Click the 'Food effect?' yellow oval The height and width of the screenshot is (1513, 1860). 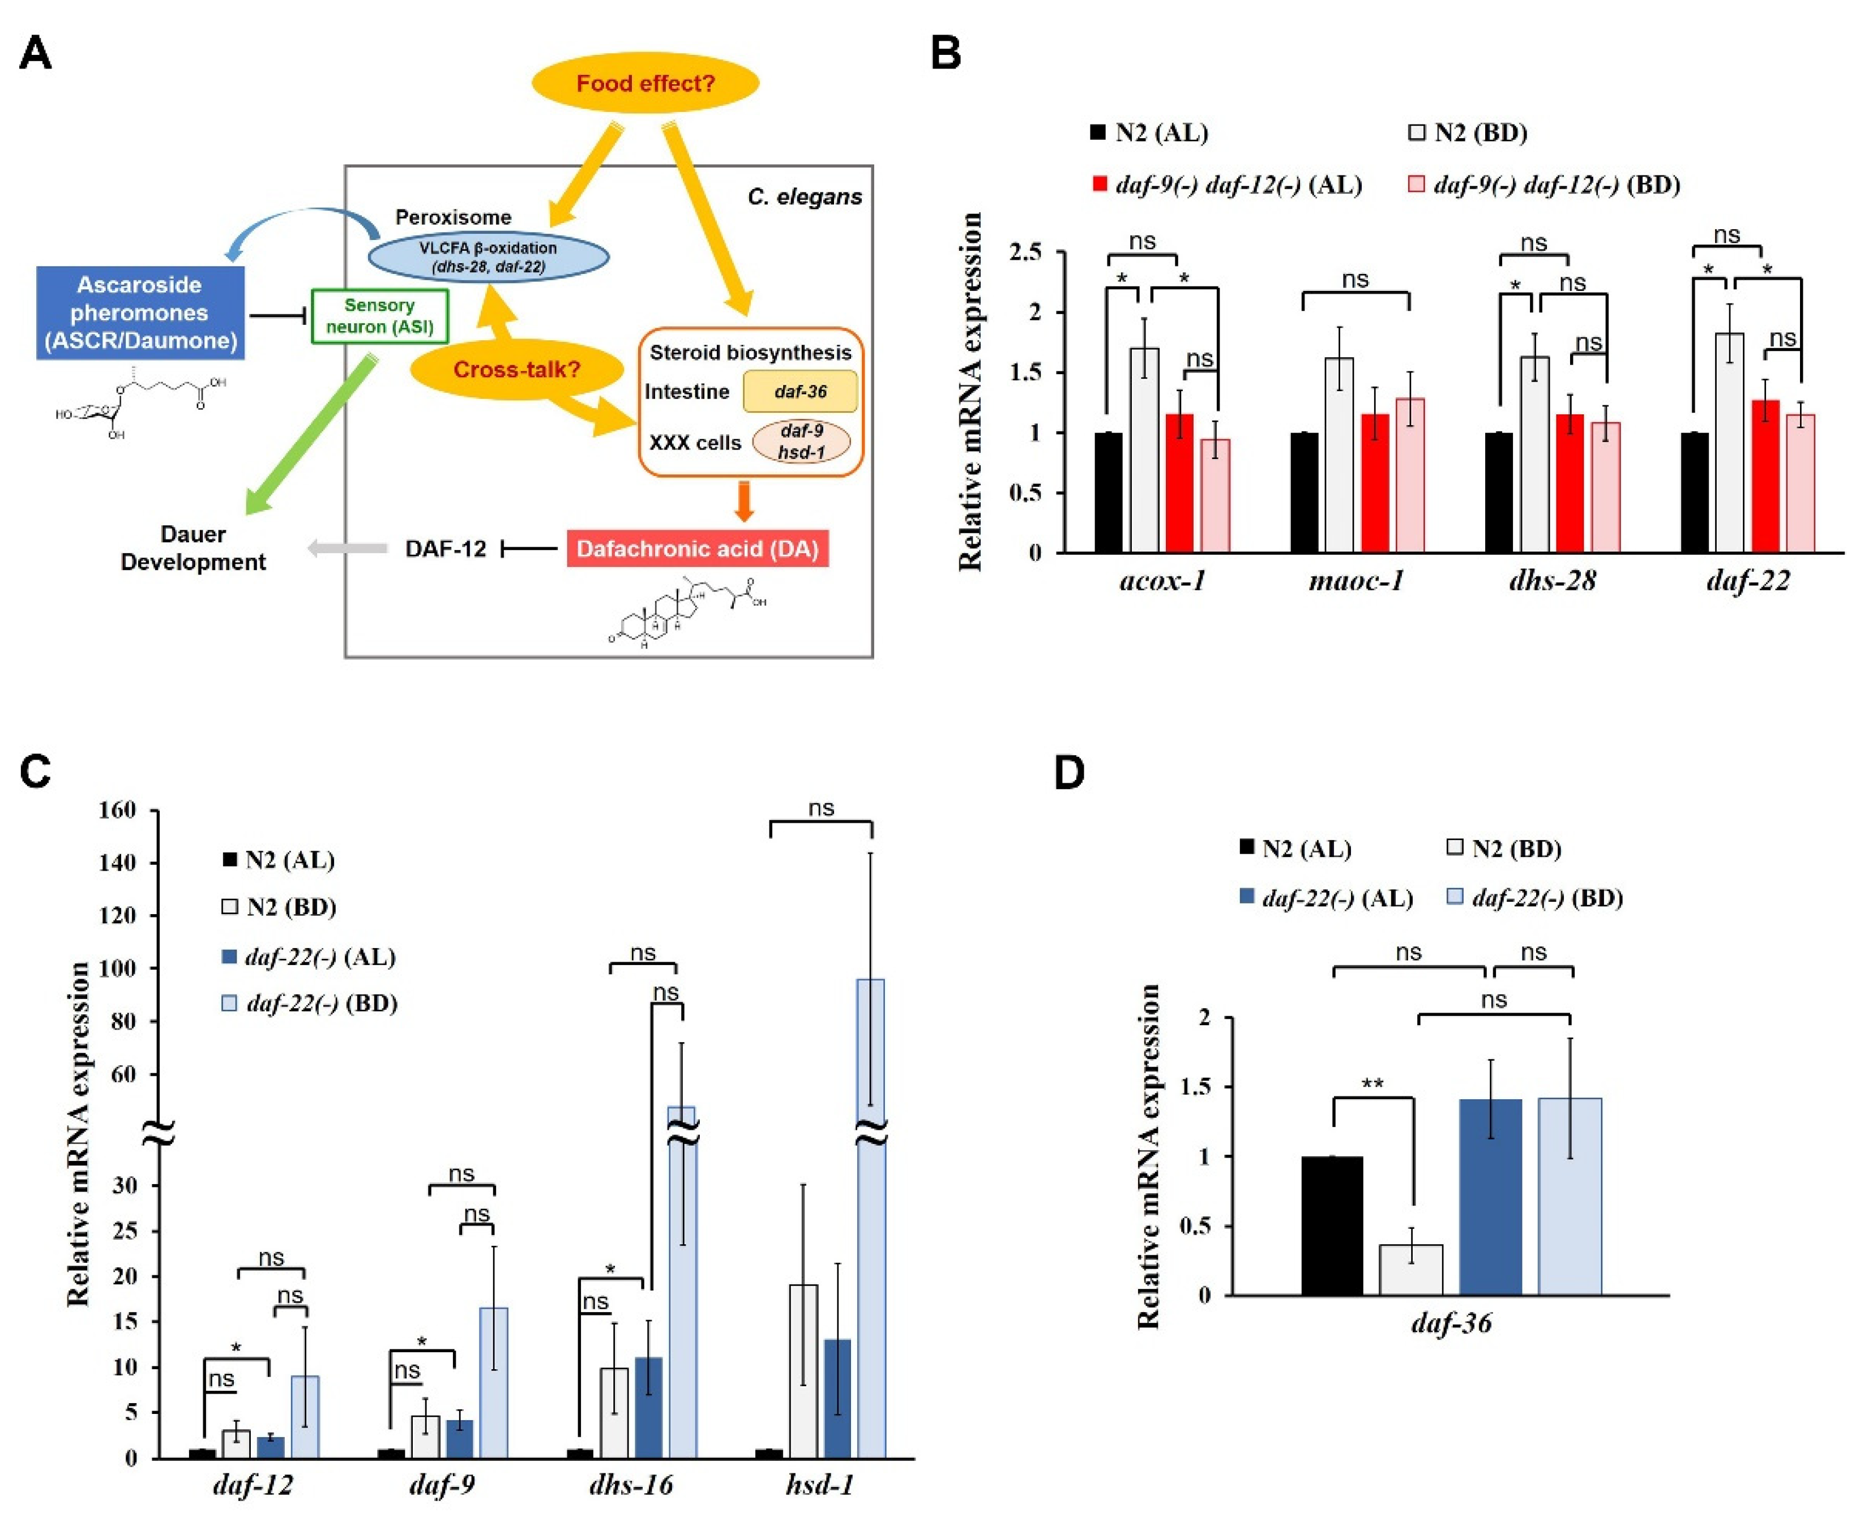(645, 84)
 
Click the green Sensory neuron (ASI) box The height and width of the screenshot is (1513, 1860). (379, 316)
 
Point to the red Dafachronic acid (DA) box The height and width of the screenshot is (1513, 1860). (697, 549)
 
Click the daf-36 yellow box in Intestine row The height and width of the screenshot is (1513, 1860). (799, 391)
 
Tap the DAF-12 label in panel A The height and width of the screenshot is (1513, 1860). (446, 549)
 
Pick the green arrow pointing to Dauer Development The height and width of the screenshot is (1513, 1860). (309, 436)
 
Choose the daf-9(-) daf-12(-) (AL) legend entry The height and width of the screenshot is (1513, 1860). (1227, 185)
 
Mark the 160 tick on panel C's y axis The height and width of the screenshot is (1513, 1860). (118, 811)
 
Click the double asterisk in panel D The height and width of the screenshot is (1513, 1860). (1372, 1083)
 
